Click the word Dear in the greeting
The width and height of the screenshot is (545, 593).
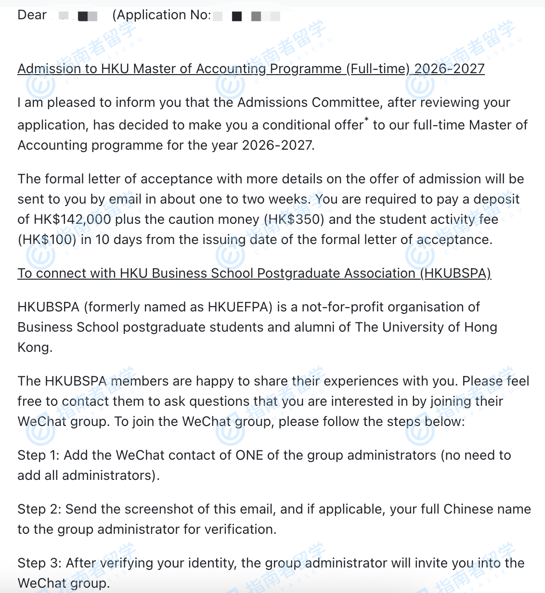click(32, 15)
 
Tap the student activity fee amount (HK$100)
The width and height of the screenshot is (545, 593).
click(47, 240)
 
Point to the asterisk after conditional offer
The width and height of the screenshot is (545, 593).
click(366, 119)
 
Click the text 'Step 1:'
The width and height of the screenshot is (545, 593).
click(39, 455)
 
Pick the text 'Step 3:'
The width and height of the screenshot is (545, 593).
click(39, 563)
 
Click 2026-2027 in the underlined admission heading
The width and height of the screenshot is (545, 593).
click(449, 69)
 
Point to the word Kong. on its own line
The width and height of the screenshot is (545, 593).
click(35, 348)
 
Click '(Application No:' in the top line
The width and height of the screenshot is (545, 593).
click(161, 15)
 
